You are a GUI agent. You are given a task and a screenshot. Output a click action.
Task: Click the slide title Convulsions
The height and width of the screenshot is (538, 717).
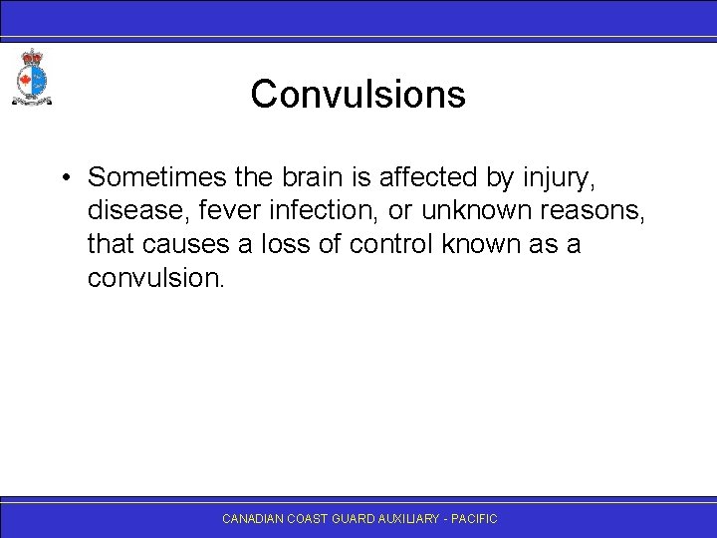coord(358,95)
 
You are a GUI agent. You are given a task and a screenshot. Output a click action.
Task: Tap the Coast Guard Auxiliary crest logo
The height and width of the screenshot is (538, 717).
coord(31,77)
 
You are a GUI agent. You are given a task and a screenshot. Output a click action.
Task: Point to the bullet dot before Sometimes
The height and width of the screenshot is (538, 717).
coord(63,178)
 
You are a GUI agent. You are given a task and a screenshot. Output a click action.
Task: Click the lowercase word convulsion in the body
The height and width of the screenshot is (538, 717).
coord(156,278)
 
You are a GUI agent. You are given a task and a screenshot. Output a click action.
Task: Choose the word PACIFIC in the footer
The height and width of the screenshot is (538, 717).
coord(476,519)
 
